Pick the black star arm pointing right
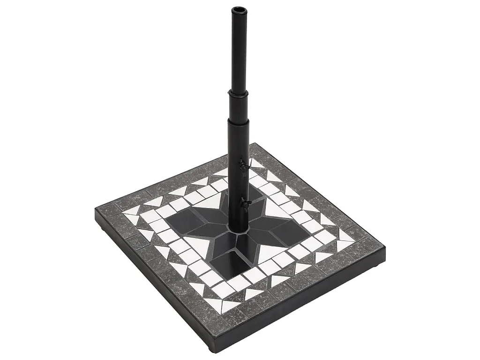coord(281,232)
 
